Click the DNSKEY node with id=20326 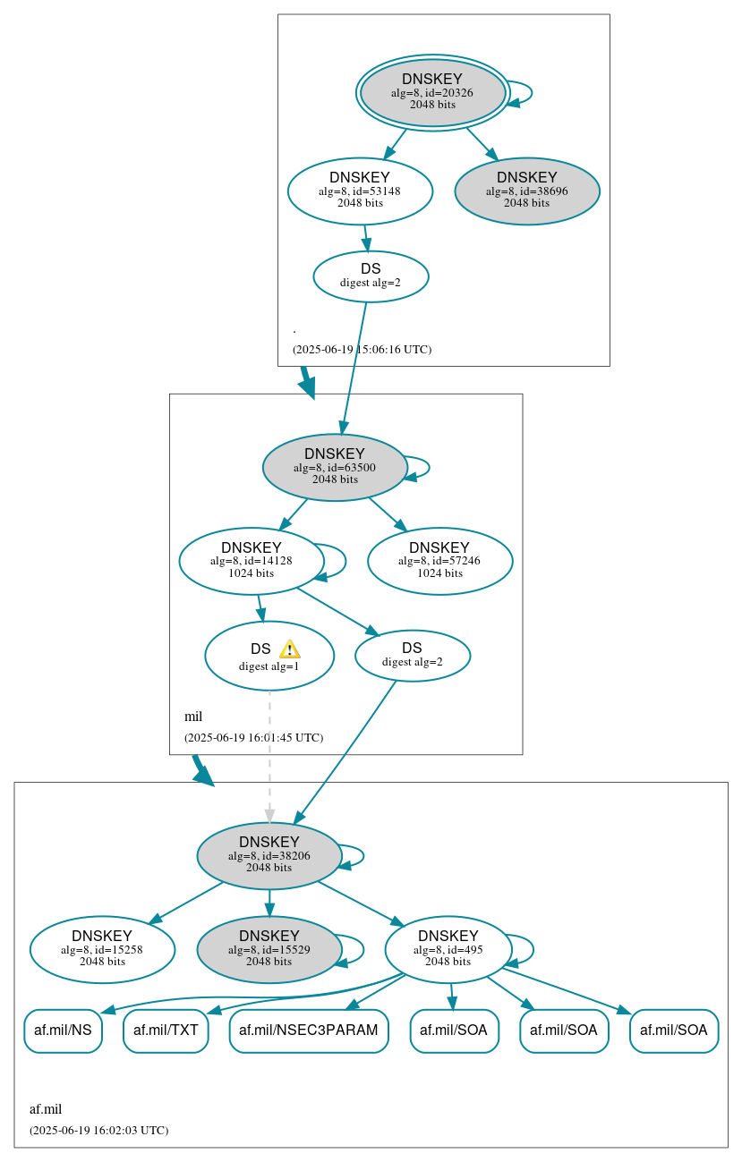pos(432,93)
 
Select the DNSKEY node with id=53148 pos(360,191)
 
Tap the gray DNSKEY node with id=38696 pos(527,191)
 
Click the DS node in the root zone pos(371,276)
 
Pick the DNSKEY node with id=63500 pos(335,468)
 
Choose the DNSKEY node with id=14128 pos(252,561)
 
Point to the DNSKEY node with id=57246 pos(439,561)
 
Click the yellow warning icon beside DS pos(289,649)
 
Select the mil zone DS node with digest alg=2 pos(413,656)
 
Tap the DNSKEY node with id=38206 pos(269,856)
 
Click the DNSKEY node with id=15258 pos(102,950)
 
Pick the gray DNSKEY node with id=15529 pos(269,950)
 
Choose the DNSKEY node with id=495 pos(448,950)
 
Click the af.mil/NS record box pos(63,1031)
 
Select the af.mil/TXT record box pos(166,1031)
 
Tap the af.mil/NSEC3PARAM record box pos(309,1031)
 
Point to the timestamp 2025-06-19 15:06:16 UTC pos(362,350)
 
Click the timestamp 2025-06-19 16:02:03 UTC pos(98,1131)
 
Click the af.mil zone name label pos(46,1109)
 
